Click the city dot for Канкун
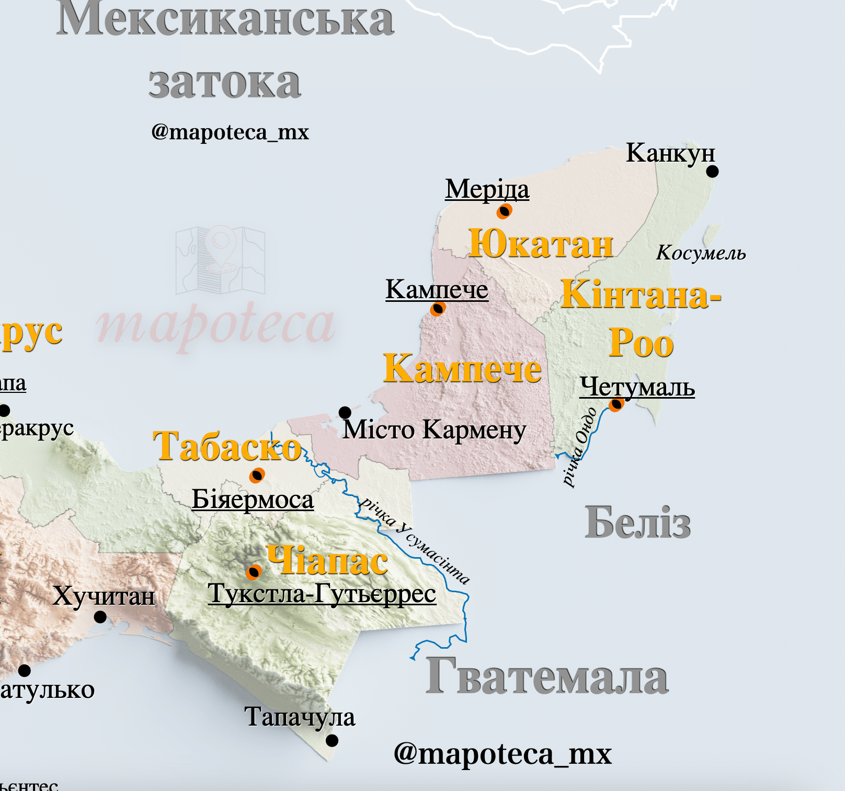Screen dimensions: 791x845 (712, 171)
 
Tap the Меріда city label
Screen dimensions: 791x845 (487, 189)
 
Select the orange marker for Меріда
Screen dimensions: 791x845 (504, 211)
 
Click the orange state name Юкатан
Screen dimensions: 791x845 (541, 244)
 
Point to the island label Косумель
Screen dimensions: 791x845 (701, 253)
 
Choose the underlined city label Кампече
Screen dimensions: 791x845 (437, 289)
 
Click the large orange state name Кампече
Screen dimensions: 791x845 (462, 368)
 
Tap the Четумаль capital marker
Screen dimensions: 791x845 (616, 404)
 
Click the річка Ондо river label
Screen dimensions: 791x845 (579, 447)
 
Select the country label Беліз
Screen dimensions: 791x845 (637, 522)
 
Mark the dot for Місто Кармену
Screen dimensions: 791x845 (345, 412)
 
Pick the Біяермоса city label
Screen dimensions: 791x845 (253, 499)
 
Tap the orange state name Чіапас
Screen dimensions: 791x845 (327, 560)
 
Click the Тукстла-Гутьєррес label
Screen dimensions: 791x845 (322, 594)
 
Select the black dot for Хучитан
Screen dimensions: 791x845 (100, 617)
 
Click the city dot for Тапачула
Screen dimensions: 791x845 (332, 740)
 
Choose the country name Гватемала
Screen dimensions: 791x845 (547, 677)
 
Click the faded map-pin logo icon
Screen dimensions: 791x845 (221, 260)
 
